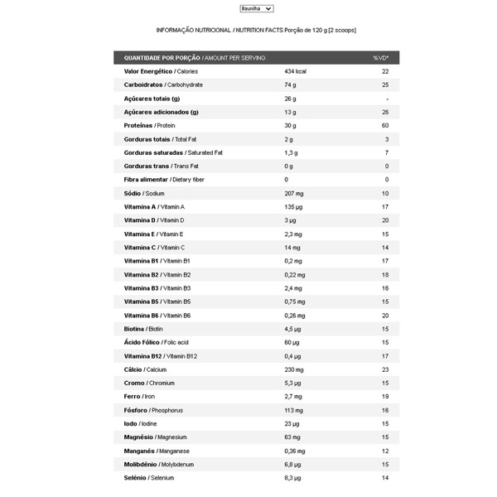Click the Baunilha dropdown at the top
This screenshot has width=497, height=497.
point(256,8)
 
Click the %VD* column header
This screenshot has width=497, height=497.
point(381,58)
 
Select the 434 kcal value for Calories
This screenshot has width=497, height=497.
point(296,71)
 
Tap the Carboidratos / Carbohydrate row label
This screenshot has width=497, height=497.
point(163,84)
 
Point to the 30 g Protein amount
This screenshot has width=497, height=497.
point(290,125)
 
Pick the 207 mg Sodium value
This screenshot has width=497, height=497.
point(293,193)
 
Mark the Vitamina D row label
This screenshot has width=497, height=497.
point(154,220)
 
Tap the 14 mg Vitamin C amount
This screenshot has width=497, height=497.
point(292,247)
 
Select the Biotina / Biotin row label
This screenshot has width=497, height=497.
point(143,329)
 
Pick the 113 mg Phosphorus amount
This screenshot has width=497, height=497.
point(294,410)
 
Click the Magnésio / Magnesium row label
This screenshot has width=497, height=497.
point(155,437)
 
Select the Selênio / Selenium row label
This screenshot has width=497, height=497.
point(149,478)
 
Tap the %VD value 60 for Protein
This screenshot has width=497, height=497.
point(385,125)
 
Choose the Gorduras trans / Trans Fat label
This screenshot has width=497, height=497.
point(161,166)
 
